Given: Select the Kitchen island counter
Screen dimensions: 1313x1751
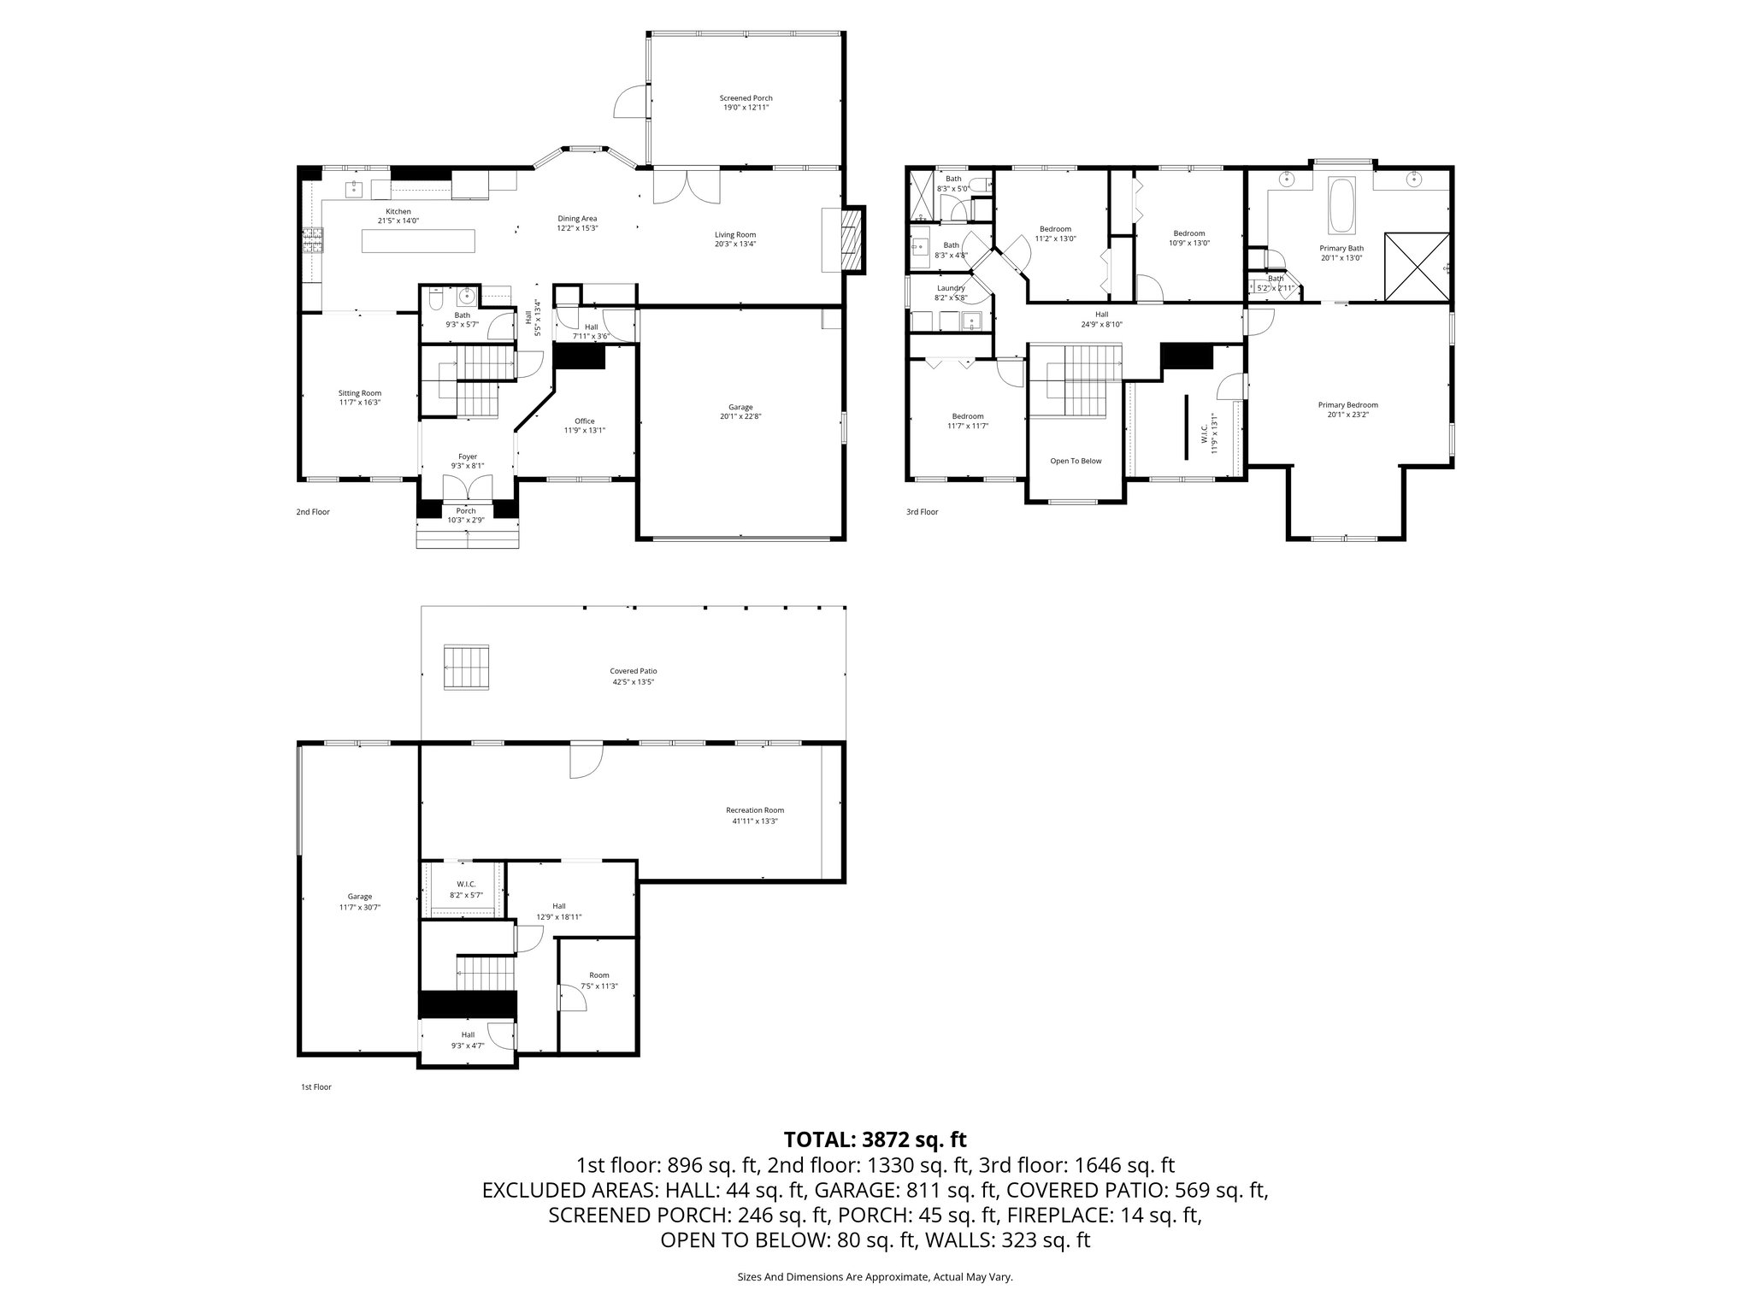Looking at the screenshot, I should pyautogui.click(x=418, y=242).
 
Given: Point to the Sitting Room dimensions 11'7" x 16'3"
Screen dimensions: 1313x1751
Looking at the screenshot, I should pyautogui.click(x=359, y=402).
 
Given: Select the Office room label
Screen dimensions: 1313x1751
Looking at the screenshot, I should pyautogui.click(x=584, y=421).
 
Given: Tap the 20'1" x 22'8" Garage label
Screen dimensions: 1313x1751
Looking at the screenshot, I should pyautogui.click(x=740, y=412).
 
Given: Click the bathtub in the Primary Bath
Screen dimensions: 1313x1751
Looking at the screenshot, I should pyautogui.click(x=1341, y=205).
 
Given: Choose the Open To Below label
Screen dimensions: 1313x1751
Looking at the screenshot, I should pyautogui.click(x=1076, y=461).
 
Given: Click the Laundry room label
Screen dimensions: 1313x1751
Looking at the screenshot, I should pyautogui.click(x=950, y=288).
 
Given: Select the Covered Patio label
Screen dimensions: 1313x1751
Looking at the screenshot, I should pyautogui.click(x=634, y=671).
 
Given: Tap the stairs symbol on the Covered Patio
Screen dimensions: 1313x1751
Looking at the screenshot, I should pyautogui.click(x=467, y=667).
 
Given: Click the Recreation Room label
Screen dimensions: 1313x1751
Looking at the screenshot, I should pyautogui.click(x=754, y=810).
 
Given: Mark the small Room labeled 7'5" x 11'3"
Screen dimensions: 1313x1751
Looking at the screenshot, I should pyautogui.click(x=598, y=980).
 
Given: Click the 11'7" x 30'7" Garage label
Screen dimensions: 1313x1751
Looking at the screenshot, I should pyautogui.click(x=359, y=902).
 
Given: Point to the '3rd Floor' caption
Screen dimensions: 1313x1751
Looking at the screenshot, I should pyautogui.click(x=922, y=512).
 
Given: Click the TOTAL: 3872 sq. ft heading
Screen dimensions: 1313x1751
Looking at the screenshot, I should pyautogui.click(x=875, y=1139).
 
